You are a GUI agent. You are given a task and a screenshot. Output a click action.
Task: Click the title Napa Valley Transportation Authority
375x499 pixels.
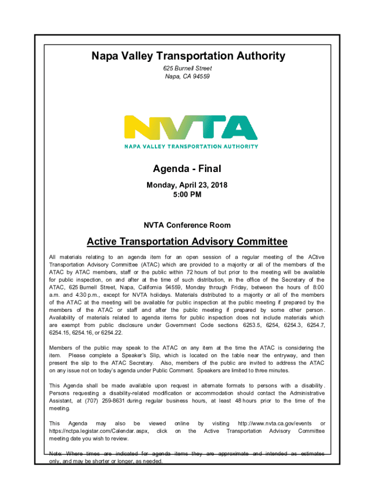point(188,57)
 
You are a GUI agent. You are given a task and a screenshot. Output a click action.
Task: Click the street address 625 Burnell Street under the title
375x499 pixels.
point(187,69)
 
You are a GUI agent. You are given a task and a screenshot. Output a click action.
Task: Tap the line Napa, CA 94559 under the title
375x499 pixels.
point(187,77)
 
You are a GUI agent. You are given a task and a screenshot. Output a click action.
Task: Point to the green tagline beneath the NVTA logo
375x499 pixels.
point(191,146)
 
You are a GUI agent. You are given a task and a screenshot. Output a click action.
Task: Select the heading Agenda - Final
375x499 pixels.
point(187,169)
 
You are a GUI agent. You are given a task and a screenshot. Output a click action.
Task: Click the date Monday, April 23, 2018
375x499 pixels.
point(187,186)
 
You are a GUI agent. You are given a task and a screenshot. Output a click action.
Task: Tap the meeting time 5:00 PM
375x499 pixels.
point(187,194)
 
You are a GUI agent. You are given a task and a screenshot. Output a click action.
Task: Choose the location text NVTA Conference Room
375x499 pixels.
point(187,225)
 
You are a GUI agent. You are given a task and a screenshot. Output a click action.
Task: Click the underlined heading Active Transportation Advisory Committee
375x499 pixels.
point(187,242)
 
